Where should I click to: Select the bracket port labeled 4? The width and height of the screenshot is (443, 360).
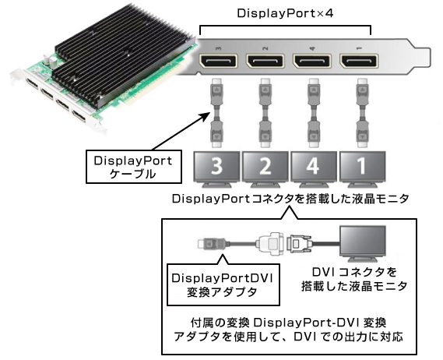(314, 63)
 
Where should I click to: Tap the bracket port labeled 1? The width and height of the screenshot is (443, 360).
(360, 63)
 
